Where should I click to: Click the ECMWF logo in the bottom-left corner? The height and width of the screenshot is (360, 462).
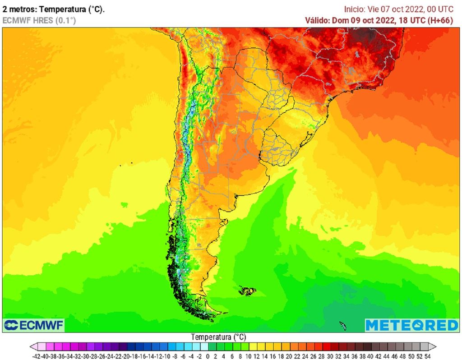coord(34,325)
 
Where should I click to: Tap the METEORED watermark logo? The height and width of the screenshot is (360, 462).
coord(411,325)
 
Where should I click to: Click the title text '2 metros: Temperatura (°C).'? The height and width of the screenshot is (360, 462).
coord(54,9)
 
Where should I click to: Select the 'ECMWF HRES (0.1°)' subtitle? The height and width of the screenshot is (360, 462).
coord(39,20)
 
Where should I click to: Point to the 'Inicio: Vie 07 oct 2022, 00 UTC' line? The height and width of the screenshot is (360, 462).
coord(398,9)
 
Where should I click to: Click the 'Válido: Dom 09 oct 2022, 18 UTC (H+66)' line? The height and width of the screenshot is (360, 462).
coord(379,20)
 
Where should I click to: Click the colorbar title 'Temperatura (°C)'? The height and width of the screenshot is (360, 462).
coord(218,337)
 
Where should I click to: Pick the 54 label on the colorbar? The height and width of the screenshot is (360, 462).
coord(427,356)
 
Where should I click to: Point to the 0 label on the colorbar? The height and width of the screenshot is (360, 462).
coord(208,356)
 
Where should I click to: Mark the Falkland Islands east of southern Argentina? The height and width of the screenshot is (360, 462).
coord(247,291)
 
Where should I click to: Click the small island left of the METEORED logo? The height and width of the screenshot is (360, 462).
coord(342,325)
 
